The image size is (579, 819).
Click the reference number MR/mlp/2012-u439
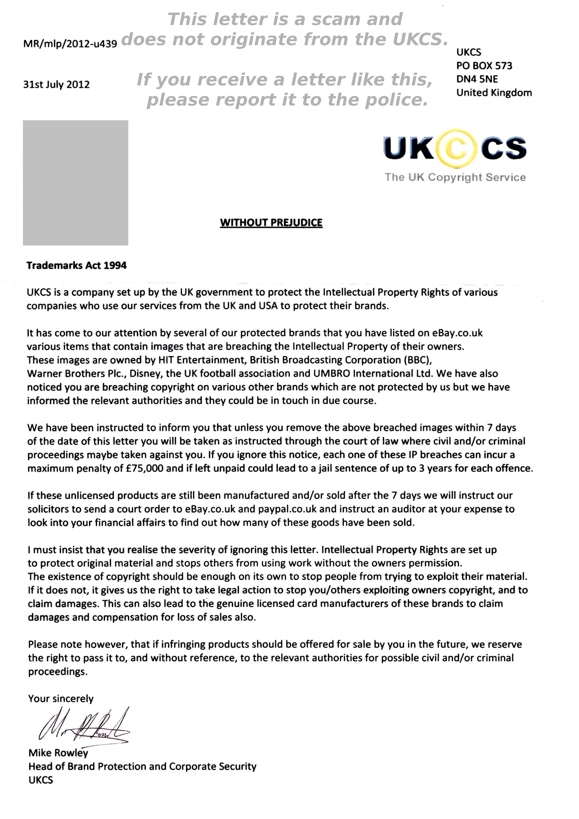(x=70, y=44)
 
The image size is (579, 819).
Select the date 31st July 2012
(x=56, y=84)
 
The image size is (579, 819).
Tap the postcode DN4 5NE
(x=477, y=79)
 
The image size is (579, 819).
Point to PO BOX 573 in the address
(x=484, y=66)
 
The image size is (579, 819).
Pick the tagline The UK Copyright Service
(x=455, y=177)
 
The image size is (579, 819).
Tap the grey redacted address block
(x=76, y=183)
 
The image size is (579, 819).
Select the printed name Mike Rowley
(x=58, y=753)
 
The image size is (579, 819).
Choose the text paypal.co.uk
(x=287, y=509)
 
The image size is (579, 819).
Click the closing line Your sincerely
(x=61, y=699)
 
